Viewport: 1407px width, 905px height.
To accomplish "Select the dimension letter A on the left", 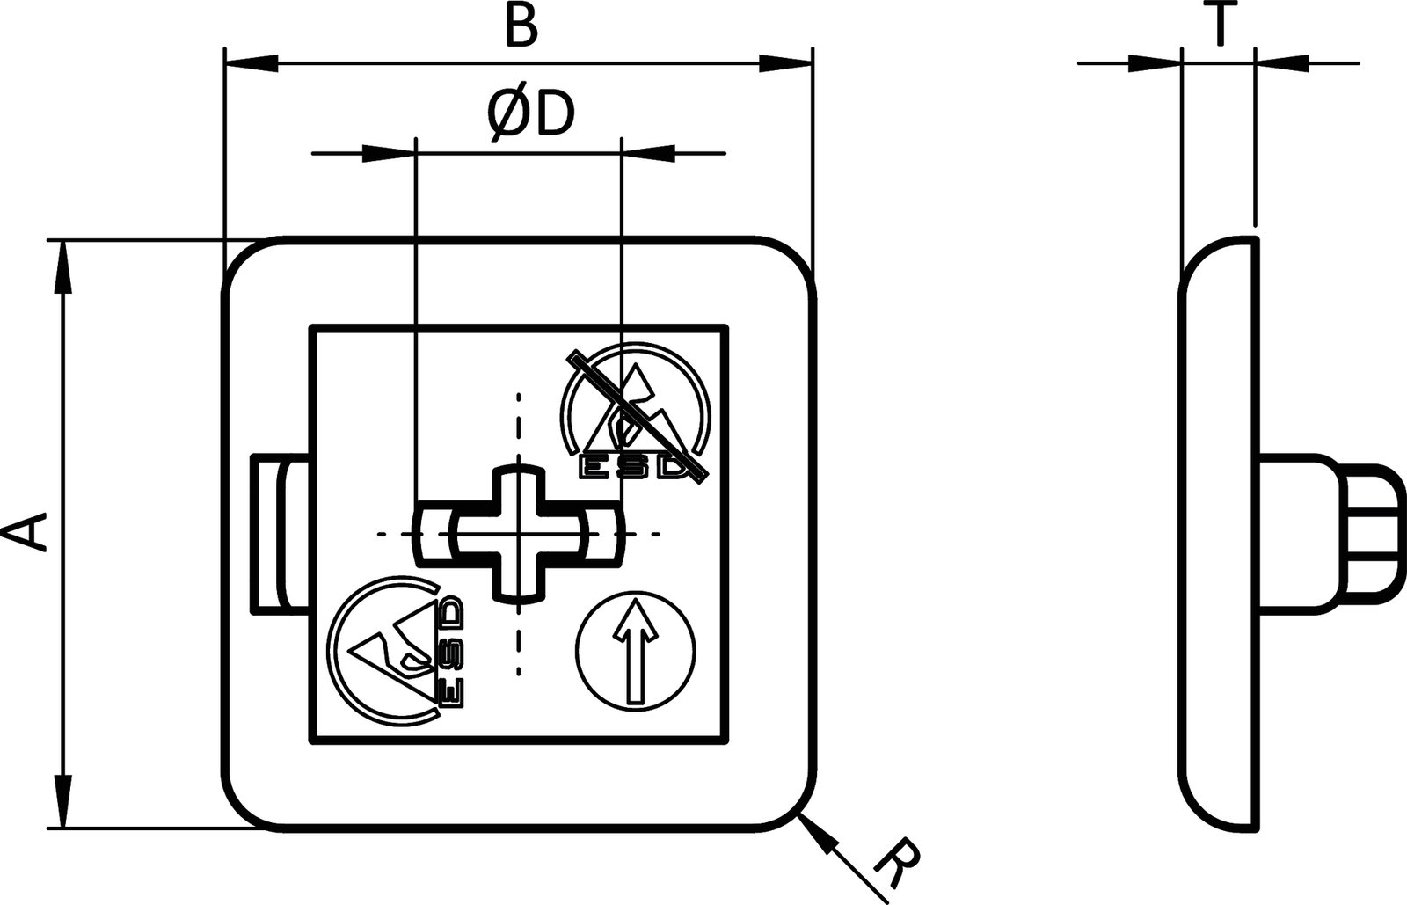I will tap(25, 534).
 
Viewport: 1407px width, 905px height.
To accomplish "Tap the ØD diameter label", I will tap(529, 114).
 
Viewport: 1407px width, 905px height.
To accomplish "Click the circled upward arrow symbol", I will tap(636, 652).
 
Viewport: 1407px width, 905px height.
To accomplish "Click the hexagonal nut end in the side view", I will tap(1372, 534).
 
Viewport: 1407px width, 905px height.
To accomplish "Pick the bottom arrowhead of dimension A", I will tap(62, 800).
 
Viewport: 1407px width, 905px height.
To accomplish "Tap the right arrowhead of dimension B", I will tap(784, 63).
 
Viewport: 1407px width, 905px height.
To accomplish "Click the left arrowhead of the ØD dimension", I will tap(387, 154).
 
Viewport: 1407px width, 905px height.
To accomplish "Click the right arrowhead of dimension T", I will tap(1282, 62).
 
